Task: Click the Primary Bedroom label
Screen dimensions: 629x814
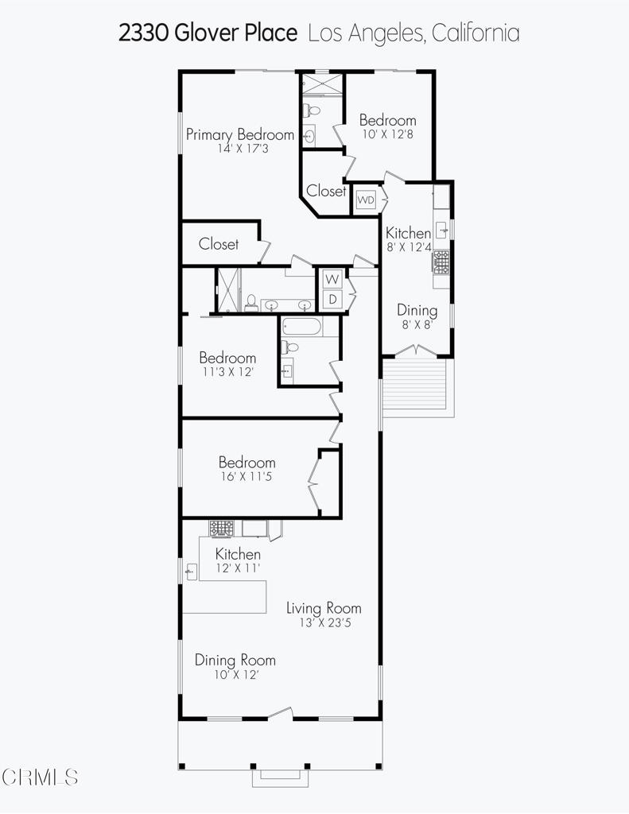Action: pyautogui.click(x=240, y=134)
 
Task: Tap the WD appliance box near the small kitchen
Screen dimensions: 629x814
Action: pyautogui.click(x=366, y=200)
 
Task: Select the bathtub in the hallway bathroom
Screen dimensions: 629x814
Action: pyautogui.click(x=301, y=327)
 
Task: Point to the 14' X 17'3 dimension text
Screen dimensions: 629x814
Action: pyautogui.click(x=243, y=149)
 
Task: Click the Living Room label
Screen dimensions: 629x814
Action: pyautogui.click(x=324, y=608)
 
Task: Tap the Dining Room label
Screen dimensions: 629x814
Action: pyautogui.click(x=235, y=661)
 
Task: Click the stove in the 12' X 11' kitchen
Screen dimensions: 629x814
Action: pyautogui.click(x=222, y=529)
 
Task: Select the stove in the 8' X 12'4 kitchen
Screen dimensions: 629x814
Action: pyautogui.click(x=441, y=262)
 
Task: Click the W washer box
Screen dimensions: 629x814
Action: pyautogui.click(x=332, y=279)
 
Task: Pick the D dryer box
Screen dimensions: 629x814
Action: pyautogui.click(x=332, y=299)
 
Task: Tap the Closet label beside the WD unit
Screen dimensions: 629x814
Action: pyautogui.click(x=326, y=191)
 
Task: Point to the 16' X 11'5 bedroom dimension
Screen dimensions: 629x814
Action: pyautogui.click(x=247, y=477)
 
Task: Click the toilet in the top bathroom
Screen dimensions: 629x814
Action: pyautogui.click(x=313, y=110)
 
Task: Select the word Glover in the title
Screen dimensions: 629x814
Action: pyautogui.click(x=208, y=33)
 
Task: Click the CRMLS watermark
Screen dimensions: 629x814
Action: pyautogui.click(x=40, y=777)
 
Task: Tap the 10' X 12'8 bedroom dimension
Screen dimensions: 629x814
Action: pyautogui.click(x=388, y=134)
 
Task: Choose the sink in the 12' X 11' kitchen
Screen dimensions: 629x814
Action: pyautogui.click(x=191, y=572)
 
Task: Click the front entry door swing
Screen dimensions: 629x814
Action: pyautogui.click(x=280, y=714)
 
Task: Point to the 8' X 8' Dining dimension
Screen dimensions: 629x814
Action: pyautogui.click(x=417, y=325)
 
